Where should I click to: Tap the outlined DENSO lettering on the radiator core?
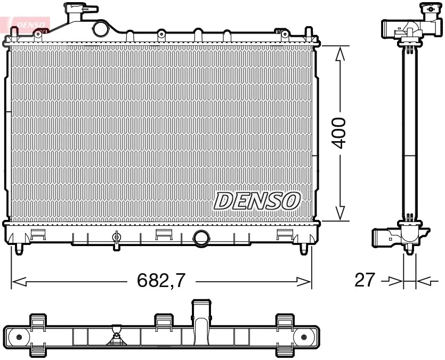pyautogui.click(x=257, y=201)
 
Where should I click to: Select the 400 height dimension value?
pyautogui.click(x=339, y=133)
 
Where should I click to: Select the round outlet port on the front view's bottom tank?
pyautogui.click(x=201, y=238)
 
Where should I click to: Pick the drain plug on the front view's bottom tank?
pyautogui.click(x=117, y=238)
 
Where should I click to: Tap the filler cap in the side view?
pyautogui.click(x=428, y=9)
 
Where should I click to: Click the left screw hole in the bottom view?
pyautogui.click(x=20, y=337)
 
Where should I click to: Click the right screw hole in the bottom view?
pyautogui.click(x=304, y=337)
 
